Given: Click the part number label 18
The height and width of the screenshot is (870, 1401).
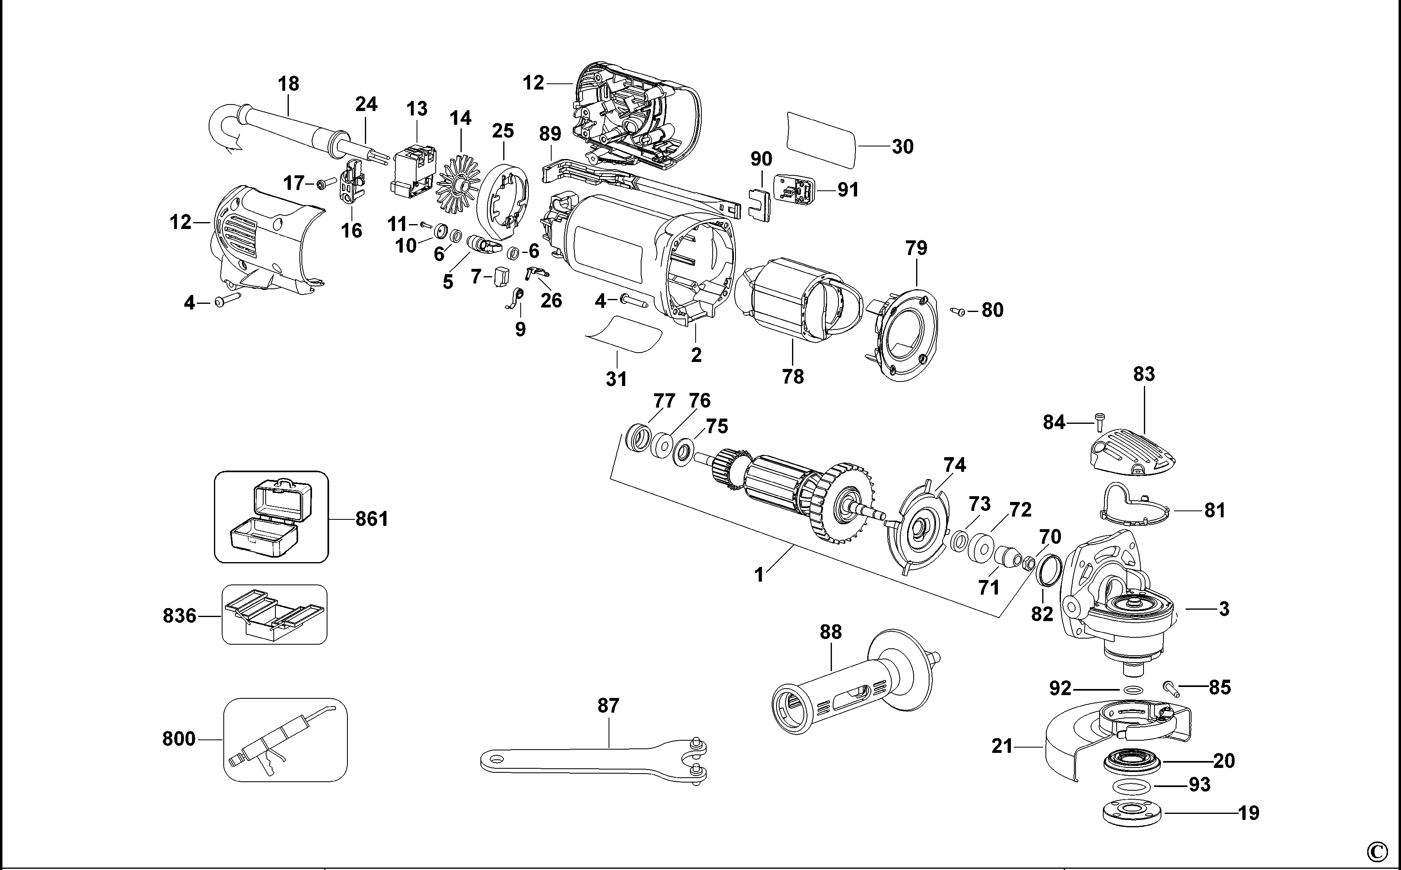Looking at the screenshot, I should (288, 84).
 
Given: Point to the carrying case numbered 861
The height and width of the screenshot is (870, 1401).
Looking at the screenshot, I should (271, 517).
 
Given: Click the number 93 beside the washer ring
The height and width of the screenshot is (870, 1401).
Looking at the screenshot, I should (1199, 785).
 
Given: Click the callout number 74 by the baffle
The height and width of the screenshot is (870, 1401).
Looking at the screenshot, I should (954, 465).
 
